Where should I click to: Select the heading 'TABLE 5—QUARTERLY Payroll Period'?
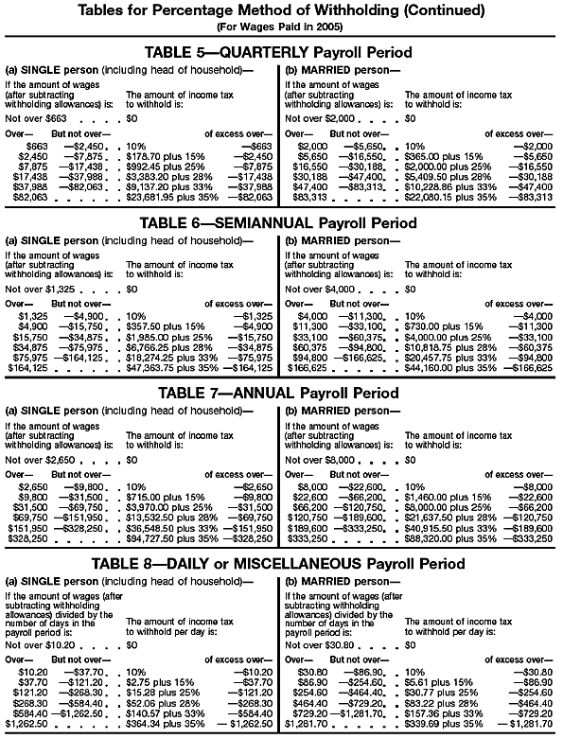tap(280, 51)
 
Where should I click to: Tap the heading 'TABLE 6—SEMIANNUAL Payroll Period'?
tap(280, 223)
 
